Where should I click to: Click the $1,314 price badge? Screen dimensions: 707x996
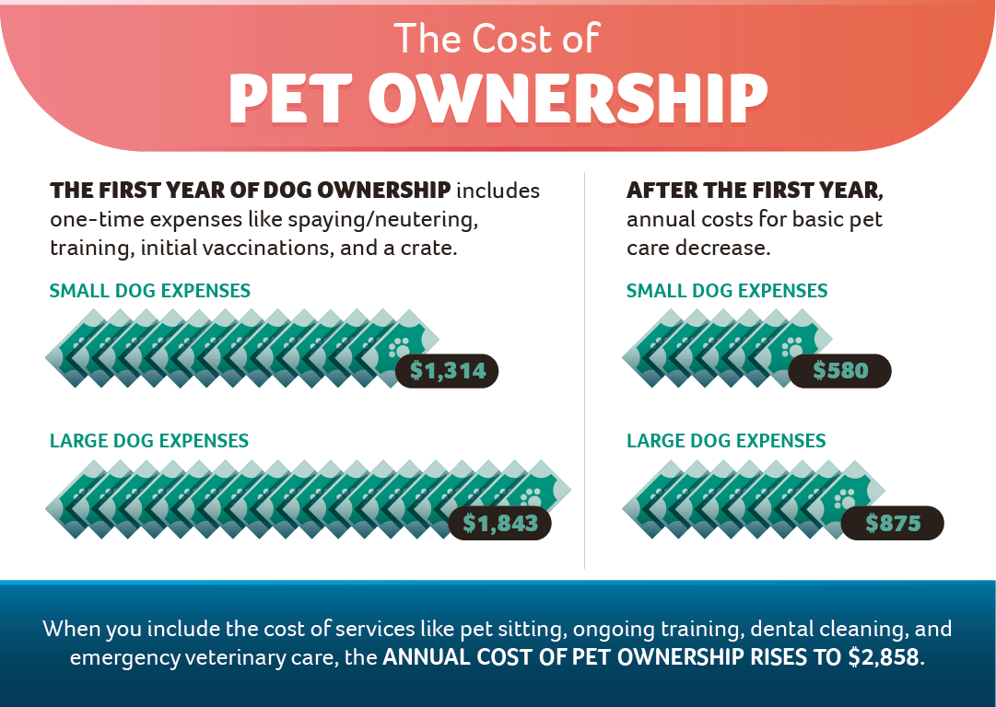click(447, 371)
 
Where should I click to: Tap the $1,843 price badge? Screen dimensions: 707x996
click(499, 523)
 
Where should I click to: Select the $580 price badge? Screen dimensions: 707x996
click(840, 371)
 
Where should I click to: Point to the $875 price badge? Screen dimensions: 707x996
click(893, 523)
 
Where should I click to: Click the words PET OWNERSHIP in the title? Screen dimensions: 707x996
click(498, 97)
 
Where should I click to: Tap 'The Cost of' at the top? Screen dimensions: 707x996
click(497, 39)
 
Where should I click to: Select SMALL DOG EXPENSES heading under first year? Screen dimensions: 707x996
click(149, 291)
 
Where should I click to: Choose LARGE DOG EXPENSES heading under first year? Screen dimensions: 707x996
click(149, 441)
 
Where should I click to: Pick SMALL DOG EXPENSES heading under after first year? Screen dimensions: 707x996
click(726, 291)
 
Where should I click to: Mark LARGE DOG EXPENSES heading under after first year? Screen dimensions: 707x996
click(726, 441)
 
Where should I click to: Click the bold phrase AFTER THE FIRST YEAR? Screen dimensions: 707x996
click(755, 191)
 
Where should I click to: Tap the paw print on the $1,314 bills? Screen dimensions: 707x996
click(399, 348)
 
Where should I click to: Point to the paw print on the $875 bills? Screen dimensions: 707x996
click(845, 500)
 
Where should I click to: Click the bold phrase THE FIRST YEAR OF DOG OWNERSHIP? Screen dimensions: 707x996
click(251, 191)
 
